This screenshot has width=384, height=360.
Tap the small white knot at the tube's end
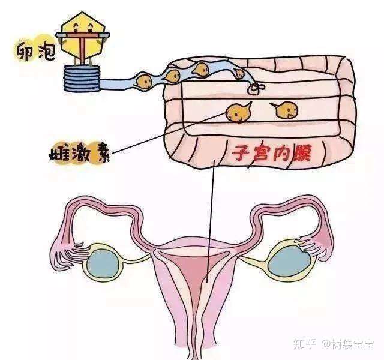(x=254, y=88)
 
